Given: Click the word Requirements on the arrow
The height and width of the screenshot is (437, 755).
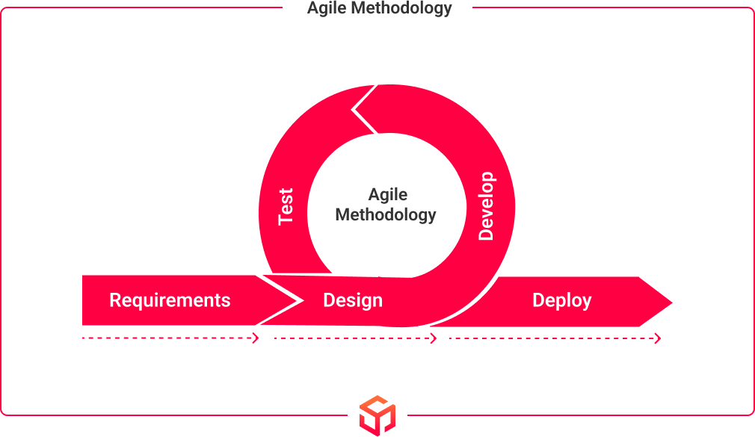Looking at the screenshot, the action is pos(170,301).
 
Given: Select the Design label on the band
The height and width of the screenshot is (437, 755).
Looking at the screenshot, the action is pos(353,301).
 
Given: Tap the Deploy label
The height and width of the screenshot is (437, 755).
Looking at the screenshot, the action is pos(562,301).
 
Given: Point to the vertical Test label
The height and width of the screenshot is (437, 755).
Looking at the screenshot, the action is pos(286,206).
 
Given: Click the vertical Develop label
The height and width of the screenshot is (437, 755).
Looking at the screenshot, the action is pos(486,205).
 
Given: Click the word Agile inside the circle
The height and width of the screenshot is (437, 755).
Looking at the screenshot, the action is pos(388,195).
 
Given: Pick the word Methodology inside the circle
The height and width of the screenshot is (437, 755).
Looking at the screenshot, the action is pos(386,215).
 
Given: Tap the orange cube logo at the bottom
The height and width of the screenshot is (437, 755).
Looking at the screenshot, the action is pos(377,416).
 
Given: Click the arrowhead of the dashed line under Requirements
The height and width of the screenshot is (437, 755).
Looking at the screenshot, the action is pos(256,338).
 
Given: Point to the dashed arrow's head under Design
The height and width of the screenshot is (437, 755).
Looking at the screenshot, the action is pos(434,338).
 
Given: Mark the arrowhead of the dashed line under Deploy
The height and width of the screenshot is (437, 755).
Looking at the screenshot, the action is pos(658,338).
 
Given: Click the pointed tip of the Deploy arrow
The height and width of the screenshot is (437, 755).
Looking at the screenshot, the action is pos(672,303).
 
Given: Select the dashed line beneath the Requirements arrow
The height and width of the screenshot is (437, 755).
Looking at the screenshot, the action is pos(170,338).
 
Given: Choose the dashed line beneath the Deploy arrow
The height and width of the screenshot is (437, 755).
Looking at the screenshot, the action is pos(555,338).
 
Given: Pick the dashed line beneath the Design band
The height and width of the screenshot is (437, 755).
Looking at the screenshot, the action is pos(355,338).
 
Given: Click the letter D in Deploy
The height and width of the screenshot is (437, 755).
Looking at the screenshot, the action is pos(538,300).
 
